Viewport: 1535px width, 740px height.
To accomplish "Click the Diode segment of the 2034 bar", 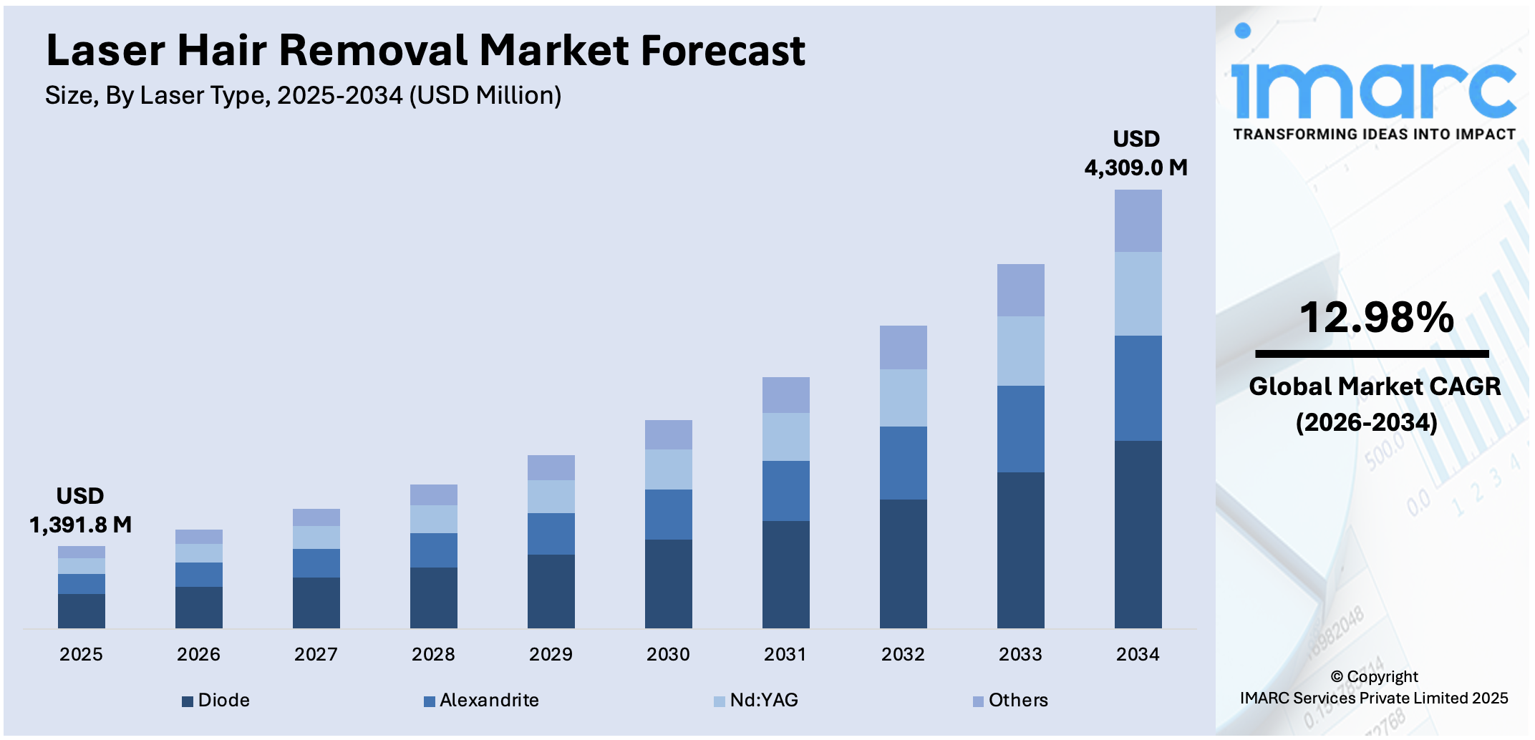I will (x=1138, y=534).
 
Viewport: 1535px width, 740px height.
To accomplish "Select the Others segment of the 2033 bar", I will (x=1020, y=290).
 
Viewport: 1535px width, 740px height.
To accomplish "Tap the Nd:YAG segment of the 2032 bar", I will (x=903, y=398).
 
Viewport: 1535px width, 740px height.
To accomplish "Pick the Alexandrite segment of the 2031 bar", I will (x=785, y=491).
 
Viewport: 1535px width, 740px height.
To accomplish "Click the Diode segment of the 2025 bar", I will (x=81, y=610).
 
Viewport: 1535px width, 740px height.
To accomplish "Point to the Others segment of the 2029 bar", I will (x=551, y=467).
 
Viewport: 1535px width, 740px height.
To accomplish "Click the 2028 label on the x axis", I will (x=433, y=654).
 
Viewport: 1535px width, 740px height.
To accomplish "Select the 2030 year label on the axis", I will (x=668, y=654).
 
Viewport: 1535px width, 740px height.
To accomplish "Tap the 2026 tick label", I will (x=198, y=654).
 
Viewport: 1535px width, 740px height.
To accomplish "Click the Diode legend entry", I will (x=216, y=701).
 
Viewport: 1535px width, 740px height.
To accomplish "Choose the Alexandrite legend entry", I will (x=481, y=701).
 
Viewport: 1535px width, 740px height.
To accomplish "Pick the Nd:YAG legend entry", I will (x=756, y=701).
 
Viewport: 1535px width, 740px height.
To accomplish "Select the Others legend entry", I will (x=1010, y=701).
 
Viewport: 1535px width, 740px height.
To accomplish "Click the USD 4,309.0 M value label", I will (x=1136, y=153).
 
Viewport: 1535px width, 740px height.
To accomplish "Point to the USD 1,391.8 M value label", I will (x=80, y=510).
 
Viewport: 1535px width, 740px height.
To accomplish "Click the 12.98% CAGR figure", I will (x=1376, y=318).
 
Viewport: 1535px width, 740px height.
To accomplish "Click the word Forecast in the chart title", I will (x=722, y=51).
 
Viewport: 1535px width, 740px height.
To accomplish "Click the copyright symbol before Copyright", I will (x=1337, y=677).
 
